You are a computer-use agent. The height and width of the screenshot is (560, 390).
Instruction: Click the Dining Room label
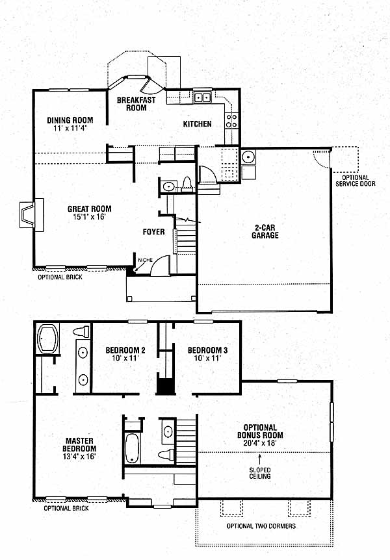tap(70, 120)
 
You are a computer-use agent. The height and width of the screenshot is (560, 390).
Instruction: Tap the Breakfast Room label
tap(136, 104)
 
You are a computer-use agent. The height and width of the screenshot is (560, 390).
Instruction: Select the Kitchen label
tap(198, 124)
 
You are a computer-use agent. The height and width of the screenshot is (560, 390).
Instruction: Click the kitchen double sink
tap(202, 97)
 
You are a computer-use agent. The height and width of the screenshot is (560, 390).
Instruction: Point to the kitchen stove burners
tap(231, 120)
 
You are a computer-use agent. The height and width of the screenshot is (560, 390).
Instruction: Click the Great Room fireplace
tap(31, 215)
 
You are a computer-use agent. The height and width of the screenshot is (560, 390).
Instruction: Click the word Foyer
tap(153, 232)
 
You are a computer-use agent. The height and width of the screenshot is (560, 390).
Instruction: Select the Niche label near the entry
tap(146, 260)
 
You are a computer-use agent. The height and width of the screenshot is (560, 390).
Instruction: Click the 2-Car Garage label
tap(265, 231)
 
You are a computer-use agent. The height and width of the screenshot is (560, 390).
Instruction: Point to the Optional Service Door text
tap(356, 181)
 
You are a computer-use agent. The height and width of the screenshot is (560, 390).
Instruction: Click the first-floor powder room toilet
tap(187, 185)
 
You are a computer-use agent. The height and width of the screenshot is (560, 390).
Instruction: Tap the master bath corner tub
tap(48, 339)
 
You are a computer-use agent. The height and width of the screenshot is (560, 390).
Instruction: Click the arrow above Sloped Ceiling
tap(260, 459)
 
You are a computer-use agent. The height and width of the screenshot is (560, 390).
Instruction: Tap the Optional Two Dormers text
tap(261, 526)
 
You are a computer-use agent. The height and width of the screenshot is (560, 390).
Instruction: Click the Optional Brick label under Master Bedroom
tap(66, 508)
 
